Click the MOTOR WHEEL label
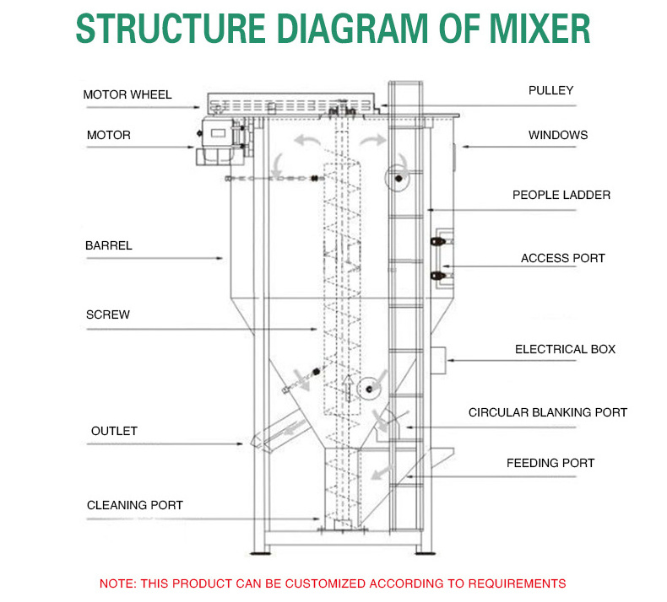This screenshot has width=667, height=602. tap(127, 94)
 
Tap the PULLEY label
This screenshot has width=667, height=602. tap(550, 90)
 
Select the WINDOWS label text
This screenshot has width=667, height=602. tap(558, 135)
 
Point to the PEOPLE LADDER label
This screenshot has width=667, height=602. tap(561, 195)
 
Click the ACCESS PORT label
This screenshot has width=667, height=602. tap(562, 258)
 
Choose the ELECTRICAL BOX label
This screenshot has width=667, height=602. tap(565, 349)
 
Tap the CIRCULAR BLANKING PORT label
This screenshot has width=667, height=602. tap(548, 412)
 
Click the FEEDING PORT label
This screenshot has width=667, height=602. tap(550, 463)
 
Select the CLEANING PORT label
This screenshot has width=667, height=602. tap(135, 505)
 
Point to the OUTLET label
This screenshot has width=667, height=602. tap(114, 431)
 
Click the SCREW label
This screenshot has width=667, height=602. tap(107, 314)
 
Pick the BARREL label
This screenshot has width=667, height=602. tap(109, 246)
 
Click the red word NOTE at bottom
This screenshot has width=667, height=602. tap(117, 583)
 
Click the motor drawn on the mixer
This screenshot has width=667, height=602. tap(218, 139)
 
